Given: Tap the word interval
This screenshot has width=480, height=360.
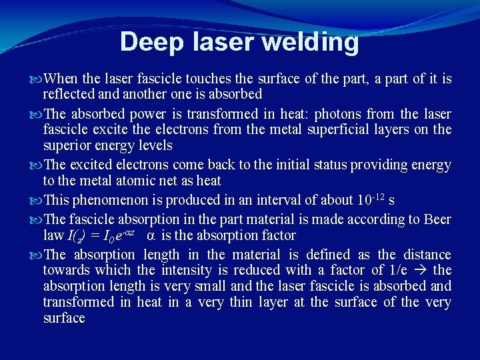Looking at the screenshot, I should pos(257,200).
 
